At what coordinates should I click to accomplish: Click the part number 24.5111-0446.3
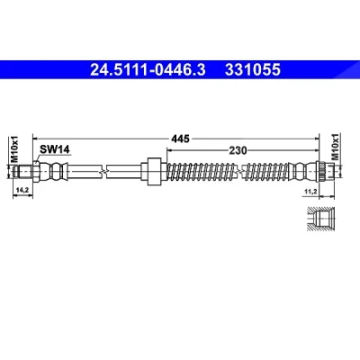coord(148,69)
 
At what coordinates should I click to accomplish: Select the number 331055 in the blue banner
coord(253,69)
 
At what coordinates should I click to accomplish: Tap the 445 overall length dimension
coord(180,139)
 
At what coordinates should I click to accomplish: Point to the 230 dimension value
coord(238,150)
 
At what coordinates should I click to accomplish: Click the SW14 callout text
coord(55,149)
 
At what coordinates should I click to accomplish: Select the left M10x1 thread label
coord(14,149)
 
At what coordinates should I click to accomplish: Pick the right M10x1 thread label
coord(335,147)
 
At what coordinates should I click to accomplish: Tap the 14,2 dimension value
coord(22,190)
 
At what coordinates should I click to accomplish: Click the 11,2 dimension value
coord(310,192)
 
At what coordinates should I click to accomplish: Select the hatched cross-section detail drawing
coord(320,219)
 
